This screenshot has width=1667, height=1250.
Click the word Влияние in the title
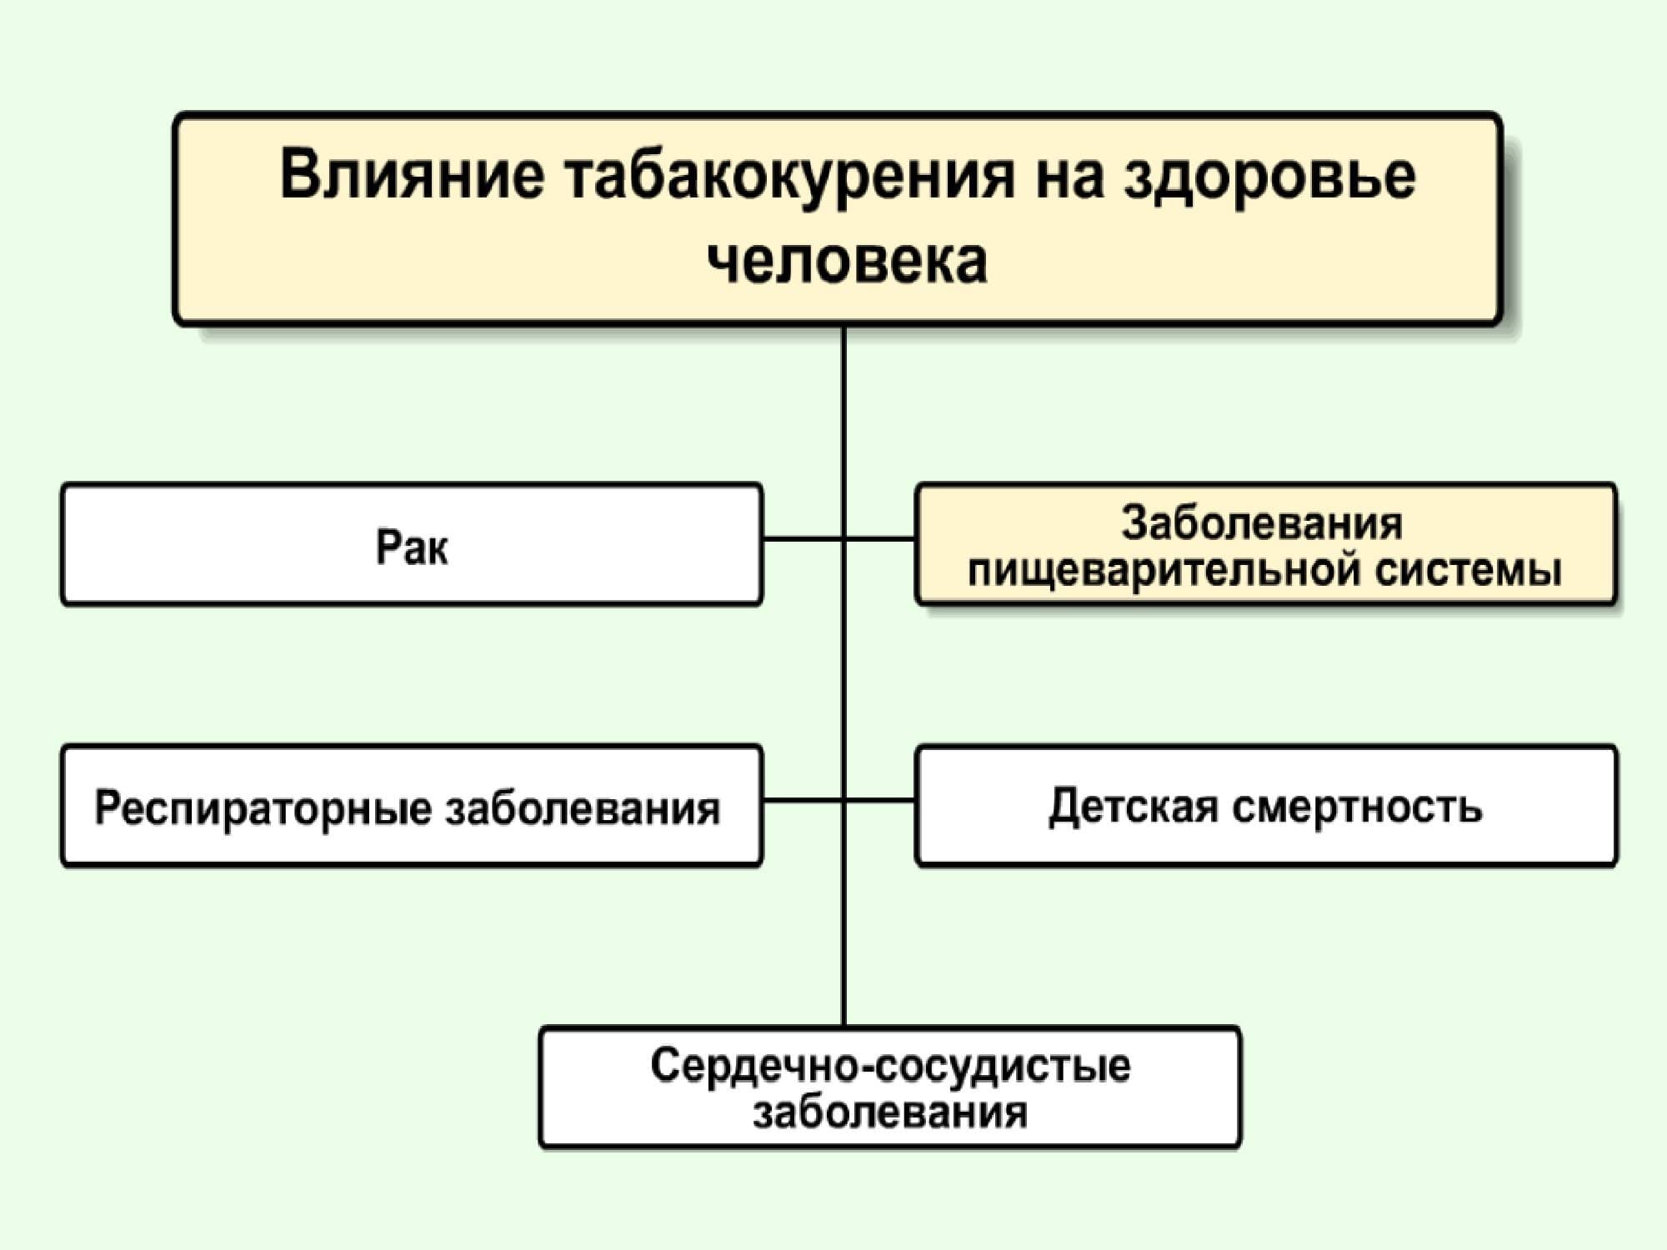click(x=412, y=176)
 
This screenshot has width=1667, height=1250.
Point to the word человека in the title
click(x=847, y=261)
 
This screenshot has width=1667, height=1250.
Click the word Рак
click(x=412, y=547)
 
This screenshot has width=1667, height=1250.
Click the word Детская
click(x=1133, y=807)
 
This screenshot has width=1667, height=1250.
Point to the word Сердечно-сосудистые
click(x=890, y=1066)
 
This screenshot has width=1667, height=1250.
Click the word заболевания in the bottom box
click(x=890, y=1113)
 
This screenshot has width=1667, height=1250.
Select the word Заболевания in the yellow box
click(x=1262, y=524)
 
